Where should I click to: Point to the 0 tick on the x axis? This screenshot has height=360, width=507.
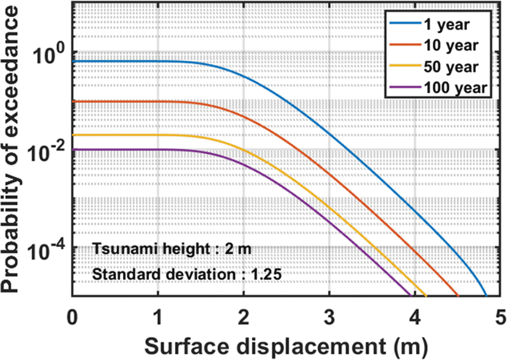pyautogui.click(x=72, y=317)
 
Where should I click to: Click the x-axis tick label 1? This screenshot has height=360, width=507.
pyautogui.click(x=158, y=317)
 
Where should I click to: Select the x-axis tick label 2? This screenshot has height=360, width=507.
pyautogui.click(x=244, y=317)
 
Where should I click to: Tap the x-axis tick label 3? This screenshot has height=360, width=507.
pyautogui.click(x=329, y=317)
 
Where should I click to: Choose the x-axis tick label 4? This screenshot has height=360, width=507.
pyautogui.click(x=415, y=317)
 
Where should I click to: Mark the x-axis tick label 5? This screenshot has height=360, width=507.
pyautogui.click(x=500, y=317)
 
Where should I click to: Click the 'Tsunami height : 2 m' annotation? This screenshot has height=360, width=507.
pyautogui.click(x=171, y=249)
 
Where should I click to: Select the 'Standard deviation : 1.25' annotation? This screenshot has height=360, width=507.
pyautogui.click(x=187, y=274)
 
